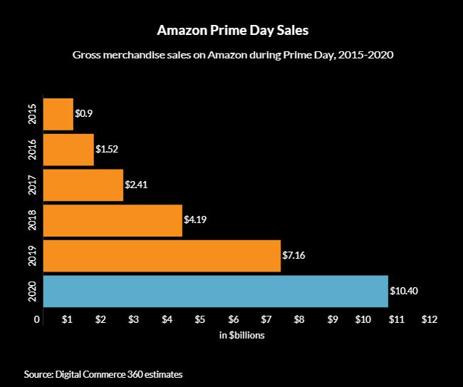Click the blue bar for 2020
tap(215, 291)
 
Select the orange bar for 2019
tap(162, 255)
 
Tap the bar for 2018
tap(113, 220)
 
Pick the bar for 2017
tap(83, 185)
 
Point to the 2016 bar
tap(68, 150)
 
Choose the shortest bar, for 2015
tap(58, 114)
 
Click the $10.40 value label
tap(403, 291)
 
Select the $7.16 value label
tap(293, 255)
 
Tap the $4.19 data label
tap(195, 220)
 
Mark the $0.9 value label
tap(83, 114)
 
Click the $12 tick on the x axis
tap(429, 319)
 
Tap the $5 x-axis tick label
tap(200, 319)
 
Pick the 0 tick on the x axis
tap(37, 319)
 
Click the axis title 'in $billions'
tap(242, 335)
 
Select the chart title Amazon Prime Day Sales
tap(232, 32)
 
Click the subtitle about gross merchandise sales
tap(232, 55)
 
